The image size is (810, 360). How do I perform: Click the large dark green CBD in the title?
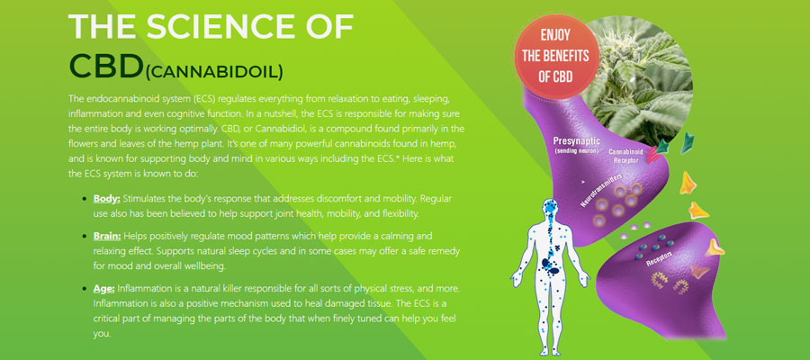pos(106,66)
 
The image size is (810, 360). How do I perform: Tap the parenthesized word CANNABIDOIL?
pos(214,72)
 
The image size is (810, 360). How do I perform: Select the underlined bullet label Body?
pos(106,199)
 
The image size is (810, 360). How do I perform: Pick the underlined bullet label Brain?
pos(107,236)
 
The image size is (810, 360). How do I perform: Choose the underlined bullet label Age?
pos(103,288)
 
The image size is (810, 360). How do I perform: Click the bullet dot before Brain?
pos(85,237)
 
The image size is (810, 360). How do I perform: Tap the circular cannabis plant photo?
pos(641,80)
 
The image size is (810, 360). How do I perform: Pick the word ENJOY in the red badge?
pos(555,36)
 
